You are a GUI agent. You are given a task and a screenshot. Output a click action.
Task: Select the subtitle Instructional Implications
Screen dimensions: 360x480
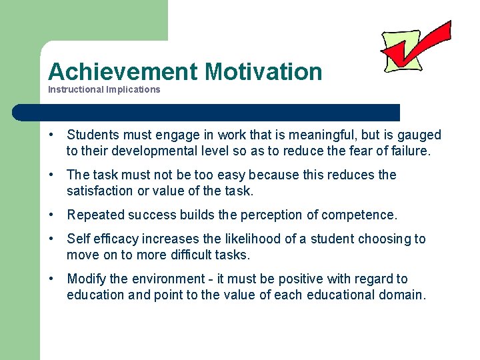pos(104,89)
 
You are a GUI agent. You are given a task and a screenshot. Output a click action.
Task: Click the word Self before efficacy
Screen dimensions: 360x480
pos(79,239)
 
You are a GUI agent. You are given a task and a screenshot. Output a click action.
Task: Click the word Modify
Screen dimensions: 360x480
pos(85,279)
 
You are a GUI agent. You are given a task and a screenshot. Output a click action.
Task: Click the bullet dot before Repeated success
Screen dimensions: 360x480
pos(51,215)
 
